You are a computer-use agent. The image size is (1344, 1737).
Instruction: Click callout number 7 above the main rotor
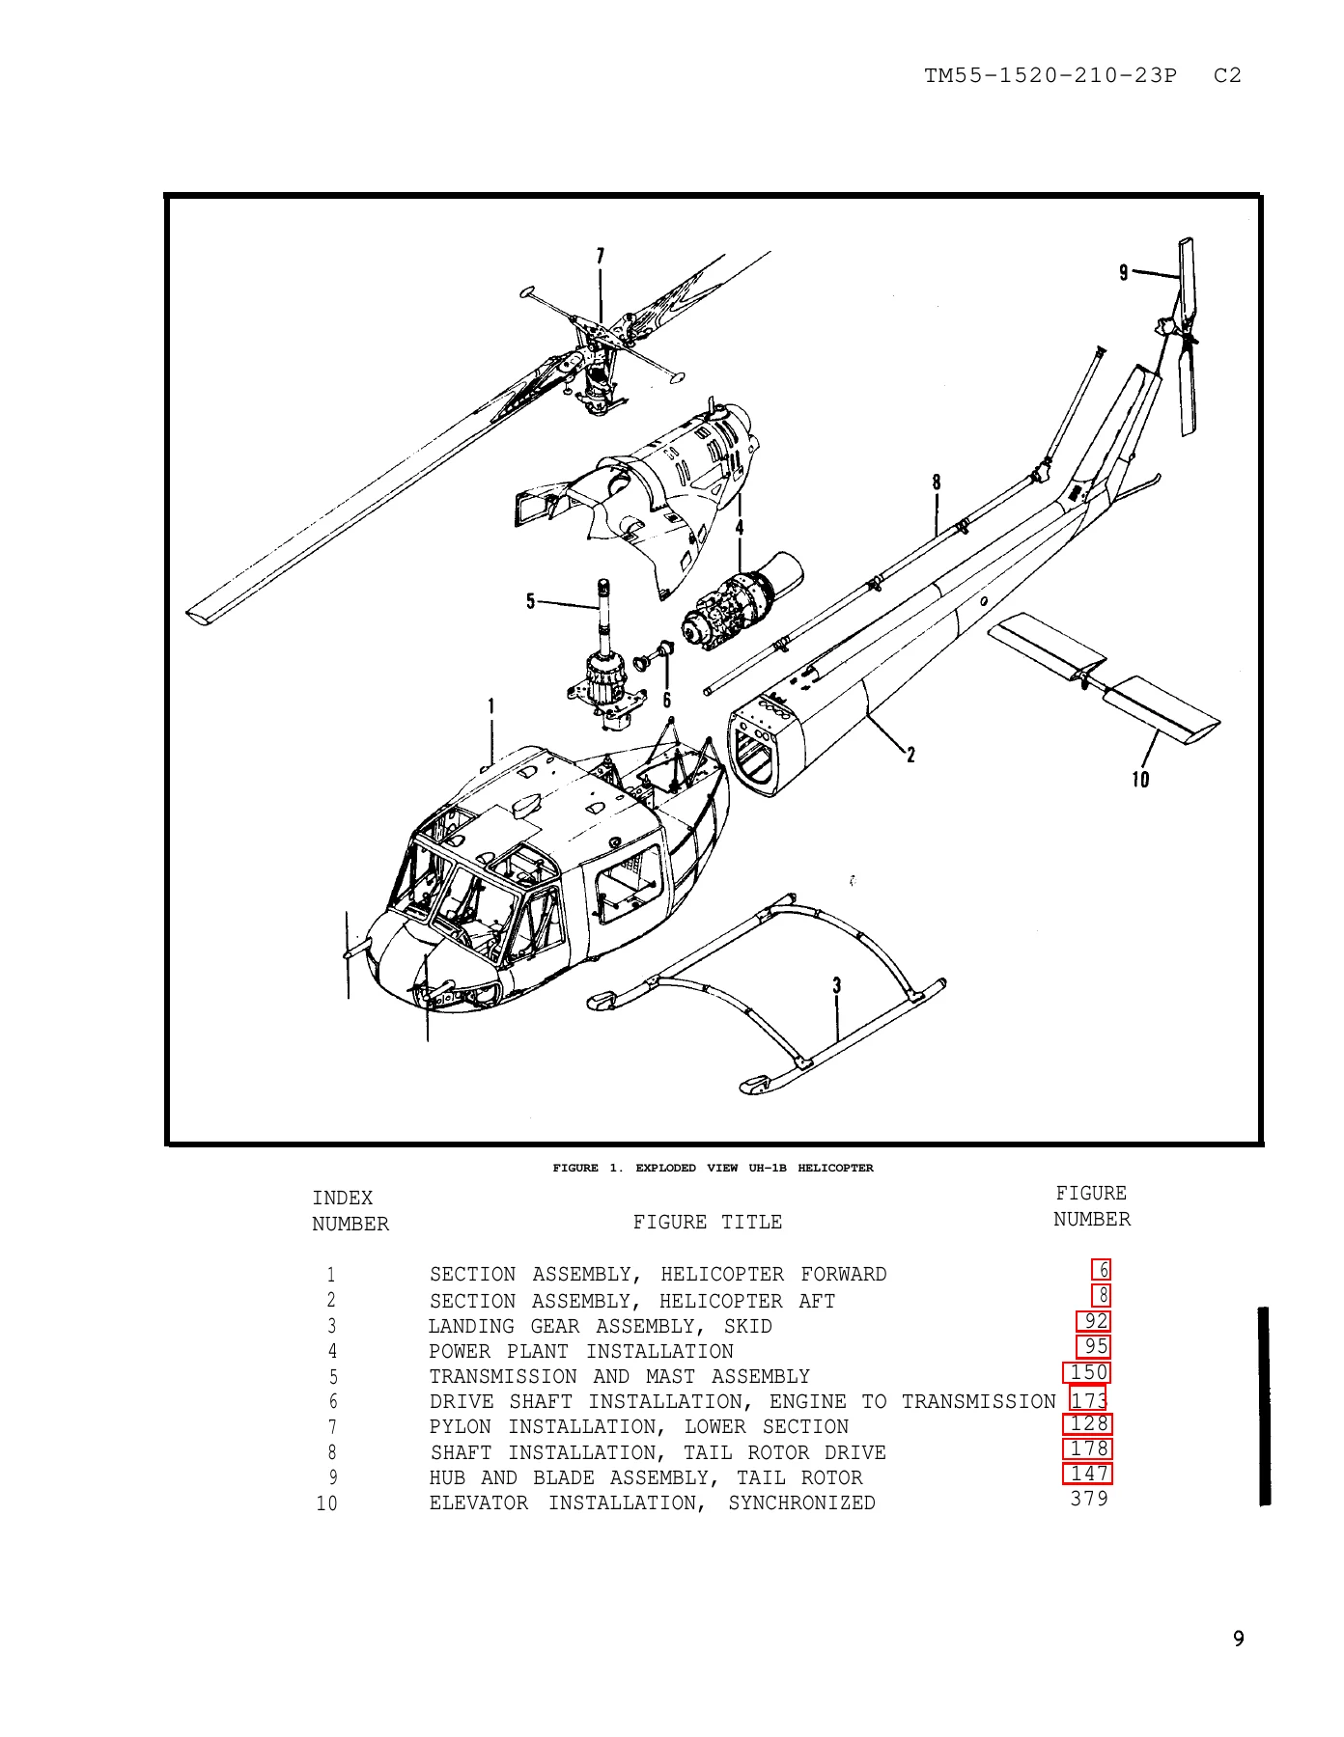(600, 256)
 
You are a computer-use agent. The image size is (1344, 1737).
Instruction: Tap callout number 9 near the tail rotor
(1123, 273)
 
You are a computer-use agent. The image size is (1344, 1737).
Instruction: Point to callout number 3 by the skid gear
(837, 985)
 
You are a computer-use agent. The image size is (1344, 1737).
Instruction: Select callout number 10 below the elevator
(1140, 779)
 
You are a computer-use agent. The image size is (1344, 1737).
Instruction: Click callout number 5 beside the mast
(530, 602)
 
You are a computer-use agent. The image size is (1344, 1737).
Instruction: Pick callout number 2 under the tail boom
(910, 755)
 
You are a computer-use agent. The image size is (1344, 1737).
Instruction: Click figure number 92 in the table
(1096, 1321)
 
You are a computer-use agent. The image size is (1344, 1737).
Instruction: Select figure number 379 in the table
(1089, 1499)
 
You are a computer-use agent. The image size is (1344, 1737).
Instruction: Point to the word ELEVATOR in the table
(479, 1503)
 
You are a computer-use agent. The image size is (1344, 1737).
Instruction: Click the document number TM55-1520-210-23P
(1050, 75)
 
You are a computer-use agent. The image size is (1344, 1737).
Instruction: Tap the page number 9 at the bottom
(1239, 1639)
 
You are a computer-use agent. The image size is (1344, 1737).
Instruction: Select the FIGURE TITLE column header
(708, 1222)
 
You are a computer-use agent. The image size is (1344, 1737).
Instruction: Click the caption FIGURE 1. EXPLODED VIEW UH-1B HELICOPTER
(713, 1168)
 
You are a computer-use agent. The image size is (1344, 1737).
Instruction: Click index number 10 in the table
(327, 1503)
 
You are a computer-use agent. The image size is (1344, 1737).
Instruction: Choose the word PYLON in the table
(461, 1427)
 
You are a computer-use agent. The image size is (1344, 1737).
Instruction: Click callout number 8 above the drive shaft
(937, 482)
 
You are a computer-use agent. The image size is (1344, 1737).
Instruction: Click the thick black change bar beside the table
(1264, 1405)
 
